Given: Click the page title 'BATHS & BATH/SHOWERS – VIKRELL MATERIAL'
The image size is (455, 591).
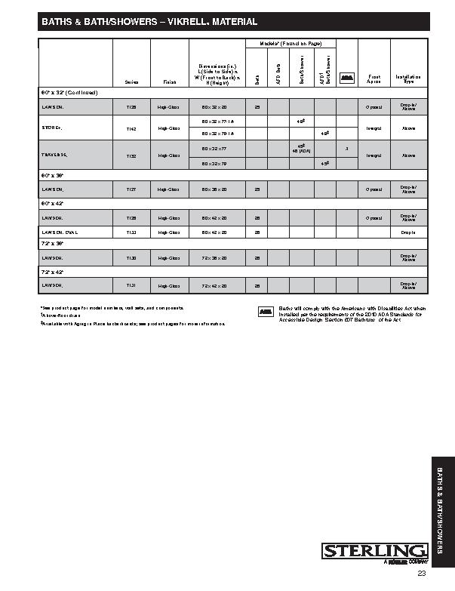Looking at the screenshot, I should [149, 23].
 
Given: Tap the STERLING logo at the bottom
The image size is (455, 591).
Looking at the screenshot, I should [375, 551].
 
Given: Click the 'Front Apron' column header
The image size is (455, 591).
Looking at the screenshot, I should [374, 78].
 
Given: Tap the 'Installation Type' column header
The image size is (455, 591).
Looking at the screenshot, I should [409, 78].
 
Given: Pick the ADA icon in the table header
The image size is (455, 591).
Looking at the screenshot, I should [346, 77].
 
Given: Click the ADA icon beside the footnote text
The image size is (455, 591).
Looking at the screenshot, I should [266, 311].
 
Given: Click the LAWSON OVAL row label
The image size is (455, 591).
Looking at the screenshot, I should [60, 232].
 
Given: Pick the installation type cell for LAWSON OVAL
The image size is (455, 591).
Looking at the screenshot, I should [409, 232].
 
